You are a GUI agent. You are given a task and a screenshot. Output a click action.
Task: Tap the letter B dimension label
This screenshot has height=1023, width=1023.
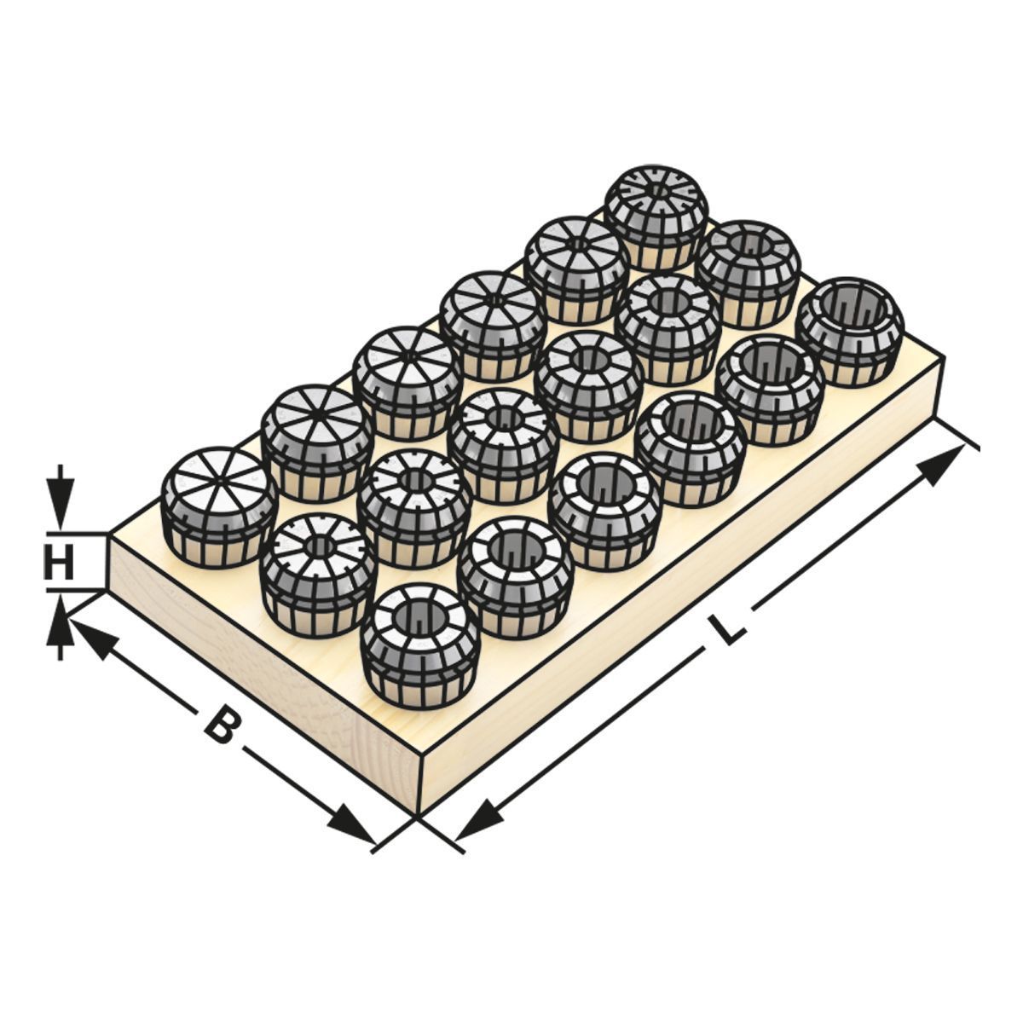tap(220, 724)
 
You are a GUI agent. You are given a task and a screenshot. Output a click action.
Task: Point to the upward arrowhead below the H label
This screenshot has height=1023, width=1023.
tap(58, 617)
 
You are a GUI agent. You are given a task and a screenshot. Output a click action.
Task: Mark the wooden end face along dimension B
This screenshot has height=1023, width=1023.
tap(256, 682)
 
